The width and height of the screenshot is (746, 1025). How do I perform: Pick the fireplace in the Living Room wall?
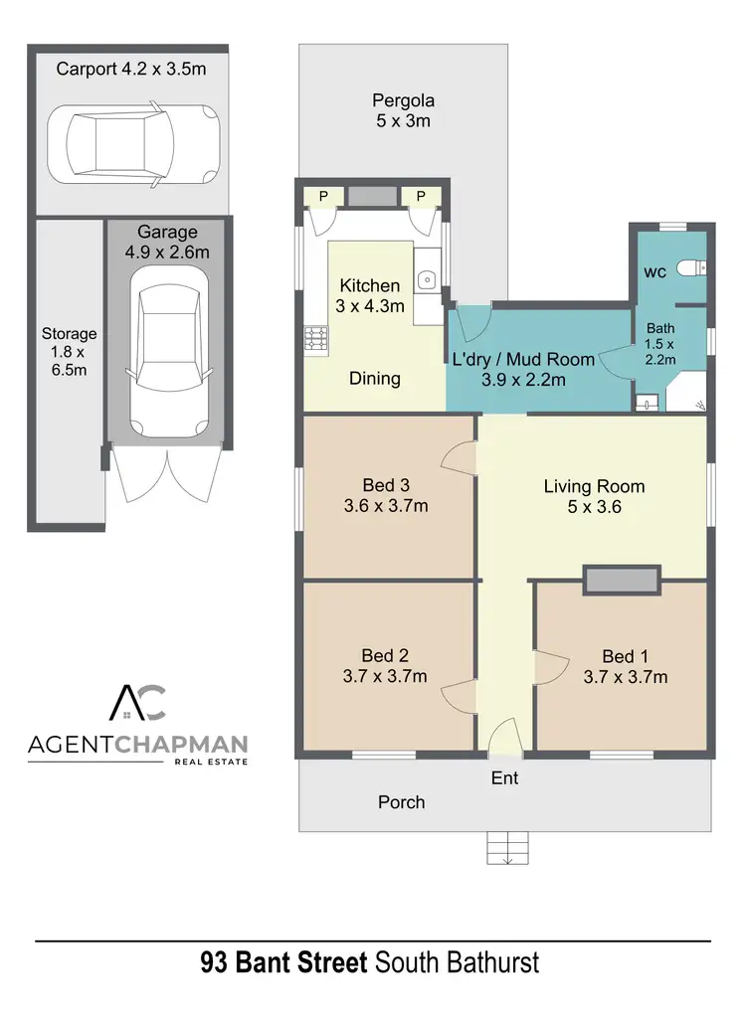621,581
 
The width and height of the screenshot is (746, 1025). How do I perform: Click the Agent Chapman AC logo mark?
138,703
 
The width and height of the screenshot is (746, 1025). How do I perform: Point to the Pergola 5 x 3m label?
403,110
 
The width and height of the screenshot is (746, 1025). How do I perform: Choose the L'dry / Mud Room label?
523,369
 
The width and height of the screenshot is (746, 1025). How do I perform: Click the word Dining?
375,378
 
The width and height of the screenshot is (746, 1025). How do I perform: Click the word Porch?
401,801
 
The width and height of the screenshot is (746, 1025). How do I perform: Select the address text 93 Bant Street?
283,963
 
